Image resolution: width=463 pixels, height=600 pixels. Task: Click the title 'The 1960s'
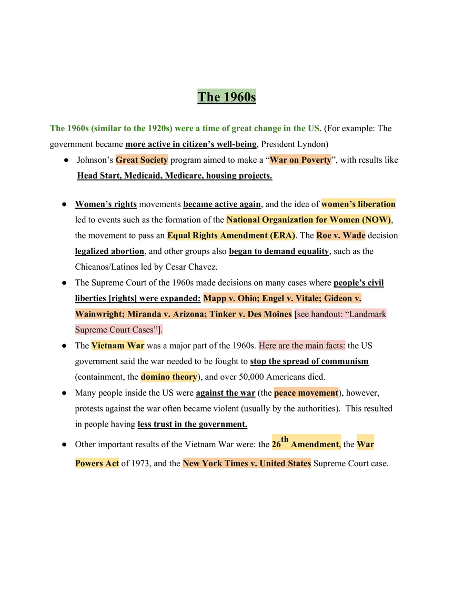point(227,97)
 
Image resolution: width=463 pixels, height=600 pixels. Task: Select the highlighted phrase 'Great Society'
point(142,160)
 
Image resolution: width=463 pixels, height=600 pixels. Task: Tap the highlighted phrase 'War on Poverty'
point(301,160)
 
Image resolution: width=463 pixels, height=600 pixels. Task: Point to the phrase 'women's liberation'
point(358,204)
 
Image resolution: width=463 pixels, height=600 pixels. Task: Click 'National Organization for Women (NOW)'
point(308,220)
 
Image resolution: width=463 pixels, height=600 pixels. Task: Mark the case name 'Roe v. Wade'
point(341,235)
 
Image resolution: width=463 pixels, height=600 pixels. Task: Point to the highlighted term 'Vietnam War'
point(117,346)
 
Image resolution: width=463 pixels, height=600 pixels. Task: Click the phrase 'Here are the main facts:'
point(302,346)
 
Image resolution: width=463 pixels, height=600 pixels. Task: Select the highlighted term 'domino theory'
point(169,377)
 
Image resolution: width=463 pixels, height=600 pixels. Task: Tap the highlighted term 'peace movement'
point(307,393)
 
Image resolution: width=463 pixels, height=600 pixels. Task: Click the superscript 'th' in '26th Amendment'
point(285,439)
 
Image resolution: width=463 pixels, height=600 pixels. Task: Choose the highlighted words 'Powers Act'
point(96,464)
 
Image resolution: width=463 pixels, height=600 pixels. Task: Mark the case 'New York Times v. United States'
point(247,464)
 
